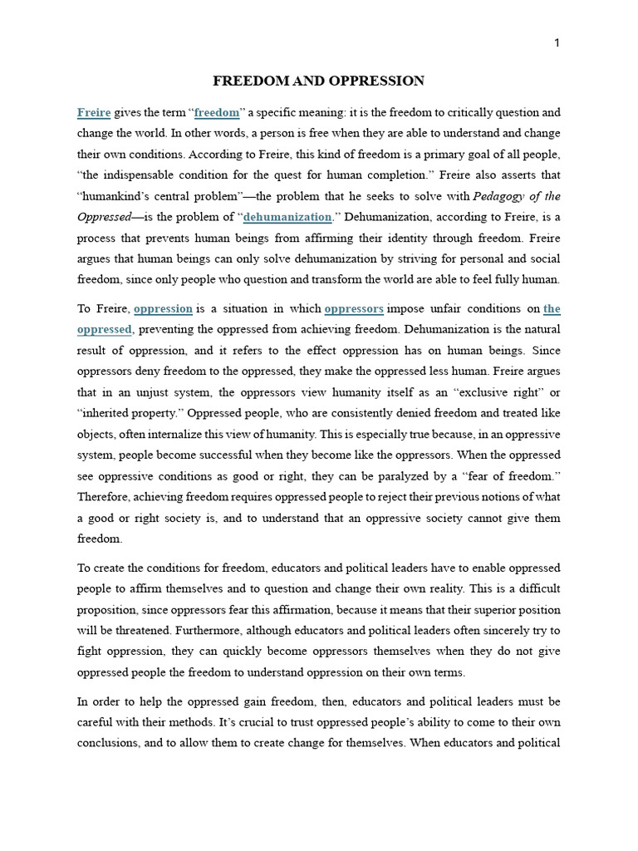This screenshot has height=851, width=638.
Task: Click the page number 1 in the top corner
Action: [557, 44]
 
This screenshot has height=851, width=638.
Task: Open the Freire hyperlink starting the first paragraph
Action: [94, 112]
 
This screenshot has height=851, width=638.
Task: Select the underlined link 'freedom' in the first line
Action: [216, 112]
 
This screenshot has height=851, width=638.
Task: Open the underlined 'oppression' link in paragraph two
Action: [163, 308]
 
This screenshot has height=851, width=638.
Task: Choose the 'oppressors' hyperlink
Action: [354, 308]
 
